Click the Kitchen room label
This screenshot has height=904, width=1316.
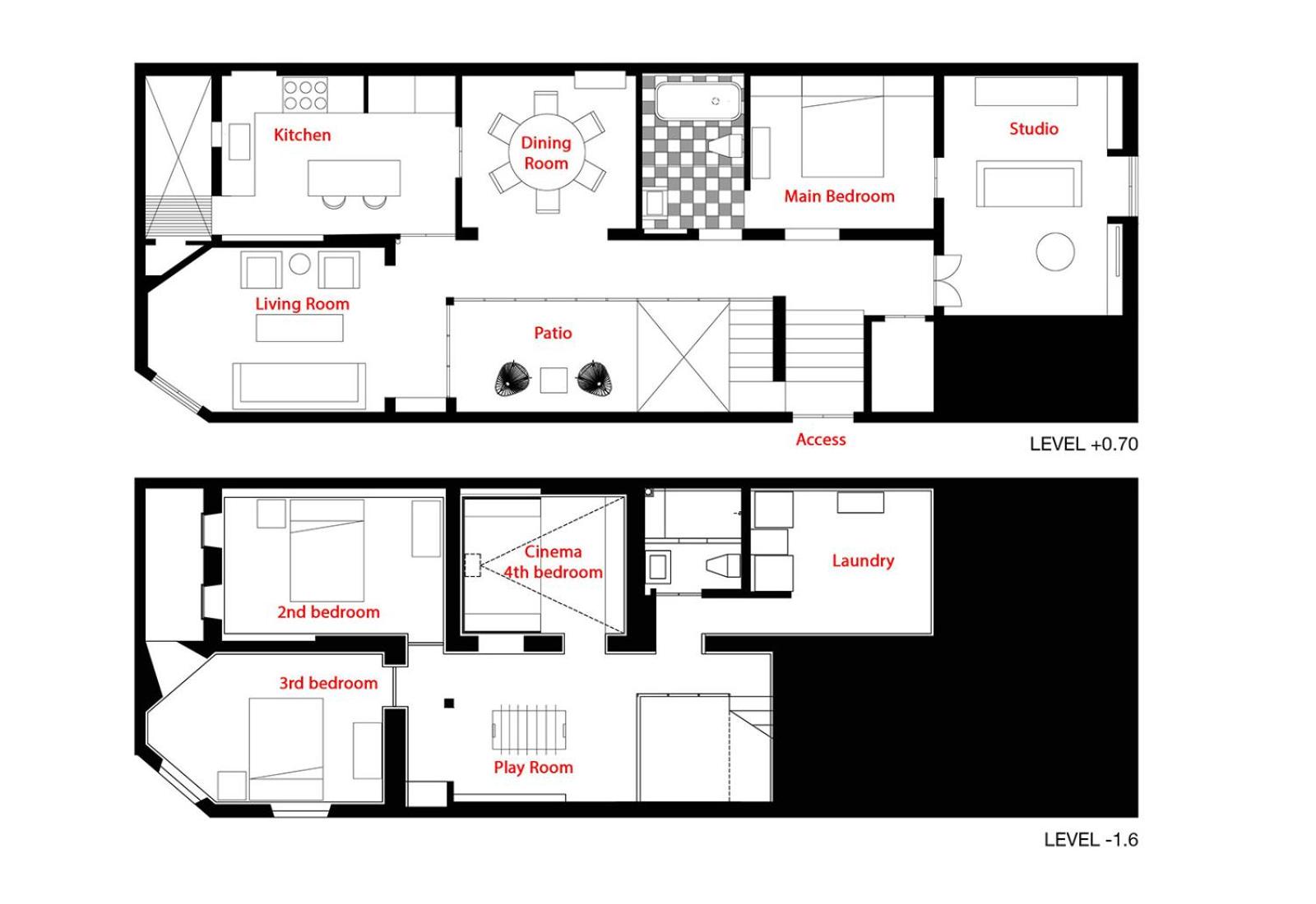[302, 135]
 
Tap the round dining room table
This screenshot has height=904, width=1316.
[546, 153]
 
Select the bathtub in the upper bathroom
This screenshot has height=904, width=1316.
[698, 101]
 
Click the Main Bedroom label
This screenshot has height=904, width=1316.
[839, 196]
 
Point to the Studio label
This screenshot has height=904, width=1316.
[1033, 128]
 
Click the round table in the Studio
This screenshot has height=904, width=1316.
[1055, 251]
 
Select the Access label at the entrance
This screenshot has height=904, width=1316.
[821, 439]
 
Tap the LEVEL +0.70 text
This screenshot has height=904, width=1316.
[1083, 445]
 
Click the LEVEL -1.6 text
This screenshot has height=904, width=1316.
[1091, 840]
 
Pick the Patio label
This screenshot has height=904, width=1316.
[553, 333]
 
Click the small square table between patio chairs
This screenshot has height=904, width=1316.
[554, 380]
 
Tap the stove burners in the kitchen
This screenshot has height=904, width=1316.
[305, 95]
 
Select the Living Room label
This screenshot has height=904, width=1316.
[302, 304]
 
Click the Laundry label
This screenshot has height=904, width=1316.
[863, 560]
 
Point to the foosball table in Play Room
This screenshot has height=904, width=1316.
[530, 730]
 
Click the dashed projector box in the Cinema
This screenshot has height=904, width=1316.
[472, 565]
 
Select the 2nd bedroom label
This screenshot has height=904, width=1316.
[328, 612]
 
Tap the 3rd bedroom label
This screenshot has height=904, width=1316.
[328, 683]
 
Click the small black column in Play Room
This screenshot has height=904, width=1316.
[449, 703]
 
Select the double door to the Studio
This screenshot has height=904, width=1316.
[947, 280]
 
